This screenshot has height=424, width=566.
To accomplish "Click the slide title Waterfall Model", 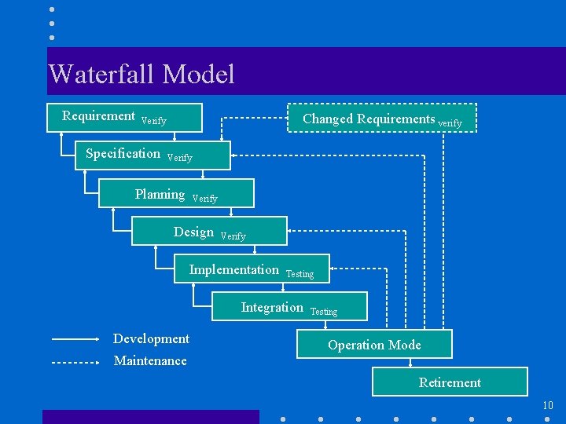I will coord(141,75).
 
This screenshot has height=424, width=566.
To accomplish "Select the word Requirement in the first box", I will coord(99,116).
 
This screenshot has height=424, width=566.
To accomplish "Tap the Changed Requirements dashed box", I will coord(381,119).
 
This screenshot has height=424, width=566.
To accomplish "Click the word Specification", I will coord(123,154).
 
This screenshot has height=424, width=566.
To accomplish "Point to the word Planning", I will coord(160,194).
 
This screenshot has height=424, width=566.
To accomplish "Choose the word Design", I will coord(193,232).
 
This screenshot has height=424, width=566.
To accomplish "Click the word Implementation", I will coord(234,269).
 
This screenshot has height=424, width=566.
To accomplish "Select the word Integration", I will coord(272,307).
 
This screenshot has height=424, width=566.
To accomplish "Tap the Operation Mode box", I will coord(374,345).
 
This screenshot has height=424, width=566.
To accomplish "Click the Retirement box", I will coord(450,382).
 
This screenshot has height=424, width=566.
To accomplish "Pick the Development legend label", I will coord(151,338).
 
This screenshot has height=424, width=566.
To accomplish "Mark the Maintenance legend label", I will coord(150,360).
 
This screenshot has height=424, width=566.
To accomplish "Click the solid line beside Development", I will coord(75,339).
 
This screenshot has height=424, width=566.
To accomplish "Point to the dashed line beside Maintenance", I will coord(75,363).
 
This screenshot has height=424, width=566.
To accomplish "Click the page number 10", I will coord(548,405).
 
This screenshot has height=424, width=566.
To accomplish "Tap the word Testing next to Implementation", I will coord(300,274).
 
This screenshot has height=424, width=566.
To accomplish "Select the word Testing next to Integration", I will coord(324,312).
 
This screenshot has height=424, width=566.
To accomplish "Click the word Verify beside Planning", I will coord(204,199).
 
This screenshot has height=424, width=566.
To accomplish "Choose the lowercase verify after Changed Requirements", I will coord(450,123).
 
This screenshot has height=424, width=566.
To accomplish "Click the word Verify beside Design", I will coord(233,236).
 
